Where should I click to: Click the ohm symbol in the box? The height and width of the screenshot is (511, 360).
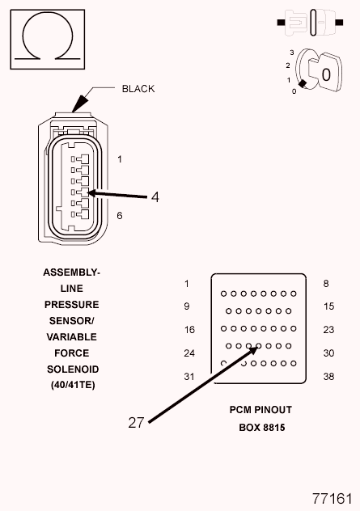(48, 13)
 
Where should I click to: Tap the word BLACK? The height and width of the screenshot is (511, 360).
(138, 89)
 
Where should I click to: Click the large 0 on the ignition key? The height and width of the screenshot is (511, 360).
(326, 74)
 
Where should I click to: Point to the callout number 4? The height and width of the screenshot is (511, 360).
(155, 197)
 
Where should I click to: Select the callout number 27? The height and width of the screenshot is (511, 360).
(136, 423)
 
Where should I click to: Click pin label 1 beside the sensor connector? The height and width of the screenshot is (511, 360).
(120, 159)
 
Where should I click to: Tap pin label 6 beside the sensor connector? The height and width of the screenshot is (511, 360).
(120, 215)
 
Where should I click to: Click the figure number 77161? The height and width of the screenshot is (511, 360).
(332, 499)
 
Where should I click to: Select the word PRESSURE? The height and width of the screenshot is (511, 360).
(72, 305)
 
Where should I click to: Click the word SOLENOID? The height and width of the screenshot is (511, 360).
(73, 370)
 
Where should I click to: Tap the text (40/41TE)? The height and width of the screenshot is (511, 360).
(73, 385)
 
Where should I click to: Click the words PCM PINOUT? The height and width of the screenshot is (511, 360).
(260, 410)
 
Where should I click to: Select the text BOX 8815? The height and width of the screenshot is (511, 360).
(262, 427)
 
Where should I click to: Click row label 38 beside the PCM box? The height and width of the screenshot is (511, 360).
(328, 377)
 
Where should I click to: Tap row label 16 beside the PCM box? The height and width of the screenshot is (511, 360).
(189, 330)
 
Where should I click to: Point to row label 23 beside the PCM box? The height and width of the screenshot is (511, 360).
(328, 330)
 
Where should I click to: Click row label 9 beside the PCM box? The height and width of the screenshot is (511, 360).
(187, 306)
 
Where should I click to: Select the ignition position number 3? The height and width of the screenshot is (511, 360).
(292, 53)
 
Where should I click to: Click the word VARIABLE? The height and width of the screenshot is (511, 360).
(72, 337)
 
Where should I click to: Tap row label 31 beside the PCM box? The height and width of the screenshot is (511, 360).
(189, 377)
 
